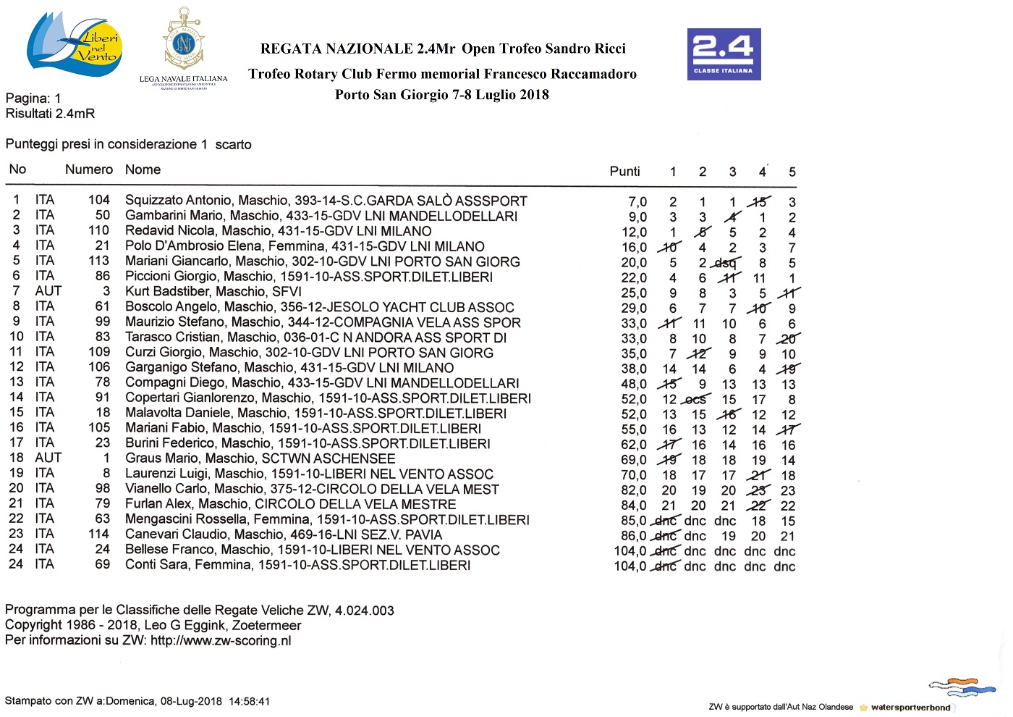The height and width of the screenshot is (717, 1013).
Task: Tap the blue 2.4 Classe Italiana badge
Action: click(x=724, y=54)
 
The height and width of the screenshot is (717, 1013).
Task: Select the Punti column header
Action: click(x=624, y=172)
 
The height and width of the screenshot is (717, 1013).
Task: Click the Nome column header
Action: click(x=143, y=169)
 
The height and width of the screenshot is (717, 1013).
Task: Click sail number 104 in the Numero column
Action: click(x=99, y=200)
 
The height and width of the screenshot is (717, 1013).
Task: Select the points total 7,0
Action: click(x=637, y=202)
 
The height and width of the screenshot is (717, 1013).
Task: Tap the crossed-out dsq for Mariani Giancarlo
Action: click(x=725, y=263)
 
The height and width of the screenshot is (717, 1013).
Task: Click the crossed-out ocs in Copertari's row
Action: click(x=695, y=399)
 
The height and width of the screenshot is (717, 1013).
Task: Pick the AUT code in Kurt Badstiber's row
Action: click(x=48, y=291)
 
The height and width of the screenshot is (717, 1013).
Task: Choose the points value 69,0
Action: click(x=634, y=460)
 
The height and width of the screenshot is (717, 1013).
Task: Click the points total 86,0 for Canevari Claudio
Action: click(x=634, y=536)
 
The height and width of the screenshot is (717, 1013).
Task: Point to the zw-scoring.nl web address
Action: click(x=221, y=641)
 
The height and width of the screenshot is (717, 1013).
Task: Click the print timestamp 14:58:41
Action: click(x=249, y=701)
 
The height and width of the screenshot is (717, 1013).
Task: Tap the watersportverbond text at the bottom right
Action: click(x=910, y=708)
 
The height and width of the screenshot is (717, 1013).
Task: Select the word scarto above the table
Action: click(x=233, y=145)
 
